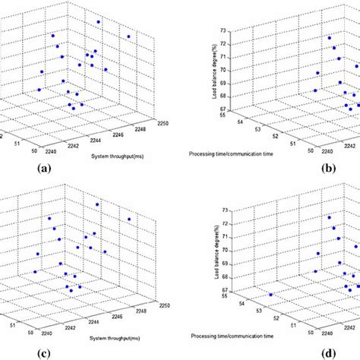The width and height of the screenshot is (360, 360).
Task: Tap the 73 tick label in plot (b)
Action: [225, 32]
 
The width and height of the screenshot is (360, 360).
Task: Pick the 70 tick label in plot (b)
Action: [225, 69]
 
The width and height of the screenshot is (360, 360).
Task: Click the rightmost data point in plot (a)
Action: [128, 36]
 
